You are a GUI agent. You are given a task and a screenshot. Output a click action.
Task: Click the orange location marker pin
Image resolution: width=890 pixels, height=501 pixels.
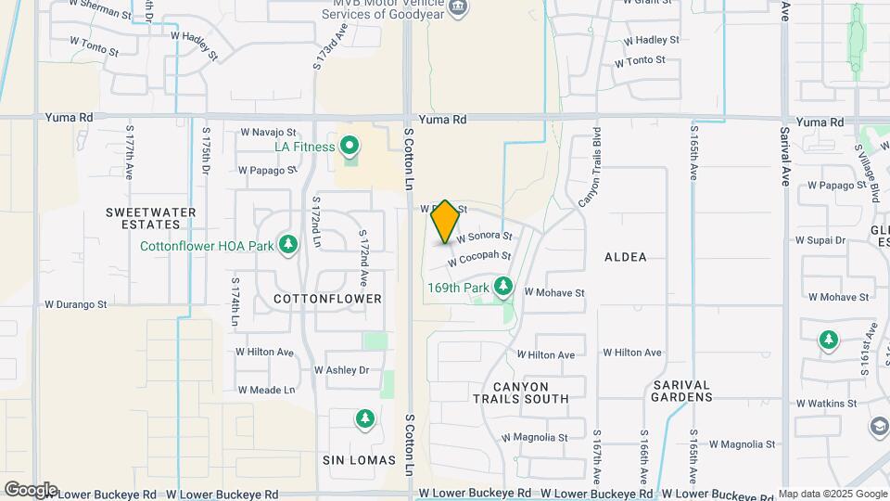coord(445,222)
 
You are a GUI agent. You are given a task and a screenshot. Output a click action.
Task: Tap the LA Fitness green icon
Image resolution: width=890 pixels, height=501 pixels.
coord(350,146)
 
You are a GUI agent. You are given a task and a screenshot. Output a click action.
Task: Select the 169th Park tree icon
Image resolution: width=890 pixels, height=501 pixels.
coord(503,287)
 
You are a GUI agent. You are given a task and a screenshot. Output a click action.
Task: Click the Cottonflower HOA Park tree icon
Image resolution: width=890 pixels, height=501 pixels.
coord(289,244)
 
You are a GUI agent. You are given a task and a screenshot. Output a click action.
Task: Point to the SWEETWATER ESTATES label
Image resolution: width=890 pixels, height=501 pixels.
coord(150,218)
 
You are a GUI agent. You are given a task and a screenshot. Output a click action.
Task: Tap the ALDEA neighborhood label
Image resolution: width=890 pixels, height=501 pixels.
coord(625,257)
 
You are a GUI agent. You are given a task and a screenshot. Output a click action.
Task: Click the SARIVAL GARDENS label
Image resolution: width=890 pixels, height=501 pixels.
coord(668,391)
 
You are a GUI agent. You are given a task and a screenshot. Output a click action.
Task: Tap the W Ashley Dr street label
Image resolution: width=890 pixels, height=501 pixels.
coord(341,370)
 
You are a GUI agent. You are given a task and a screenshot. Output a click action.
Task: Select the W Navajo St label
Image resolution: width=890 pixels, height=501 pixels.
coord(267,133)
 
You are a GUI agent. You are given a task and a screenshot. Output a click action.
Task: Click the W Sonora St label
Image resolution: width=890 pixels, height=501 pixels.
coord(484,238)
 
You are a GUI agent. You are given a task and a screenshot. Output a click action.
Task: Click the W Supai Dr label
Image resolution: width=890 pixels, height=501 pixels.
coord(821,239)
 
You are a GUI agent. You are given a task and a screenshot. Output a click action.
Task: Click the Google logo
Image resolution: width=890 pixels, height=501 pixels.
coord(31,489)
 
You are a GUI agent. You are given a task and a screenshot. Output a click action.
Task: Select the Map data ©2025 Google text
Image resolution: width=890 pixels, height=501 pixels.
coord(832,494)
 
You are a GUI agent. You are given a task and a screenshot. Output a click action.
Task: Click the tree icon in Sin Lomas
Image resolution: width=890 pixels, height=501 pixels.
coord(365,419)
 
